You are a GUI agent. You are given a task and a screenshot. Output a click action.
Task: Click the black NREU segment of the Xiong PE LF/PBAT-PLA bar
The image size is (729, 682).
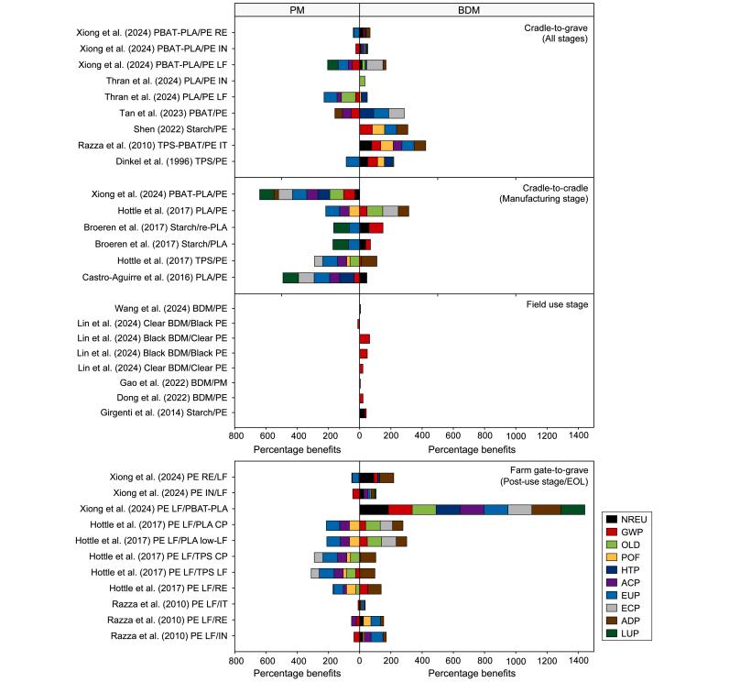[374, 509]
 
